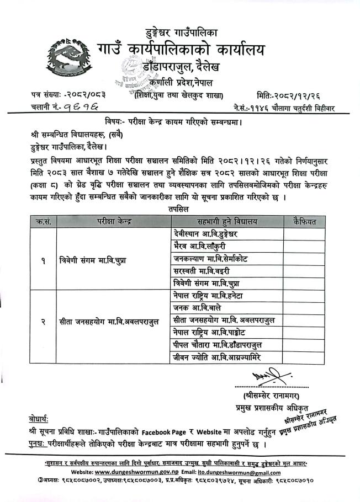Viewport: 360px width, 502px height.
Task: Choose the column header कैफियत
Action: tap(303, 222)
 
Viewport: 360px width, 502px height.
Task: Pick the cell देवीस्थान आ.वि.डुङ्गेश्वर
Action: tap(207, 234)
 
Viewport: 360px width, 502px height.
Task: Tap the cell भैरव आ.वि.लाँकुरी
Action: tap(199, 246)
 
